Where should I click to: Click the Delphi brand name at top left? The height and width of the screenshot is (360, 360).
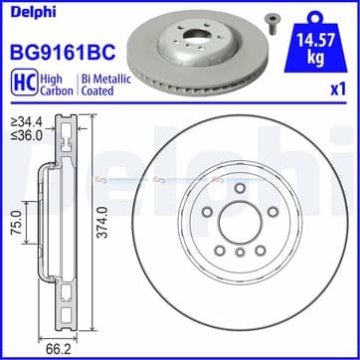point(34,12)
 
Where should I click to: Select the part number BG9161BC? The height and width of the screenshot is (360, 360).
point(64,52)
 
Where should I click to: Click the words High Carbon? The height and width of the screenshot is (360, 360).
point(57,85)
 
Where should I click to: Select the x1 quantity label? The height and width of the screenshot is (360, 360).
point(338,90)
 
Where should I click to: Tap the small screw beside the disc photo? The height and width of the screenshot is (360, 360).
point(271,24)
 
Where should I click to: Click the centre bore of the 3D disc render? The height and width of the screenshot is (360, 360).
point(196,35)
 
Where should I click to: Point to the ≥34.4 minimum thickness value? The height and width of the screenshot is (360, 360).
point(26,122)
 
